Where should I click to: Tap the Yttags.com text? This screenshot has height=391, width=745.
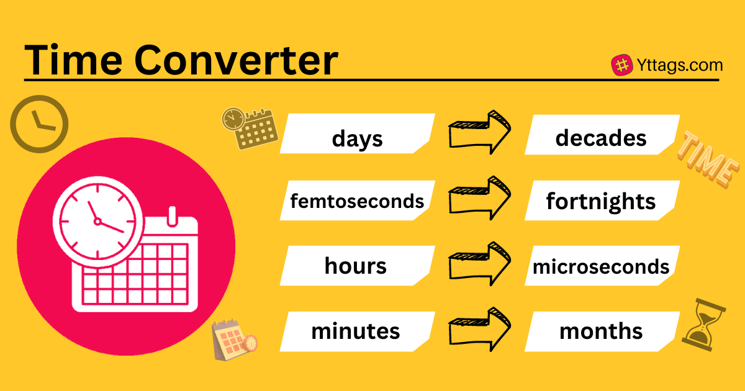coord(679,65)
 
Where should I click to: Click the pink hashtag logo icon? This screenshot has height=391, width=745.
coord(622,65)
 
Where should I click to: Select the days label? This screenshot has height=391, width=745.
coord(357,138)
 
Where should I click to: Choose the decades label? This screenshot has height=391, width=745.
coord(601,138)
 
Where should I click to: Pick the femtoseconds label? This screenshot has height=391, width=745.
coord(357,201)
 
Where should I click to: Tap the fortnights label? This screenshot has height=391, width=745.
coord(601,202)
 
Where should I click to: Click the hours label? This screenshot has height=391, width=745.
coord(356,266)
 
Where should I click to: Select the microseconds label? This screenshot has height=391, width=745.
coord(601,267)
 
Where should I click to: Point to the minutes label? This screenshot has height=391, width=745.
coord(356,331)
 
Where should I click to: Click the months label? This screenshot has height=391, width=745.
coord(601,331)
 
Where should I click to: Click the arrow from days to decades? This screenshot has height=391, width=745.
coord(479,132)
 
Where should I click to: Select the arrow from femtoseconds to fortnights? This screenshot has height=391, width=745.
coord(479,198)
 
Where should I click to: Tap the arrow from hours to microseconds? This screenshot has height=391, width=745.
coord(479,264)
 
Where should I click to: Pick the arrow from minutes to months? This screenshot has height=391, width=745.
coord(479,330)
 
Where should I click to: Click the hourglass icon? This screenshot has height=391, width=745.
coord(704,325)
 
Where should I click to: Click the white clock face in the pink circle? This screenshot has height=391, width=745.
coord(98,222)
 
